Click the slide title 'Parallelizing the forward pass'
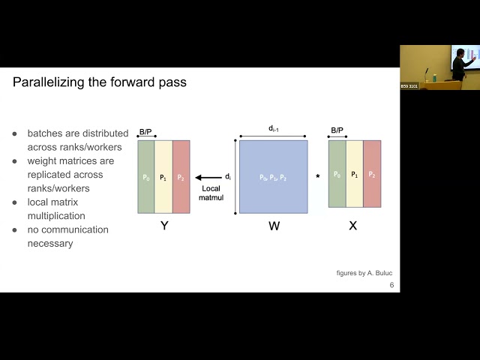(x=100, y=82)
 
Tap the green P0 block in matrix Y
(x=146, y=177)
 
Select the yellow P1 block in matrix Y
(x=163, y=177)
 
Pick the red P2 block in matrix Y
(x=181, y=177)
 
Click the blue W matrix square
(x=273, y=177)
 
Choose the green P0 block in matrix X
(x=337, y=174)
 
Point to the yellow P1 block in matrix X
(x=354, y=174)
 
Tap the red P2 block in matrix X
(x=372, y=174)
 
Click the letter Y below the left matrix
(x=164, y=225)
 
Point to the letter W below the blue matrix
(x=274, y=225)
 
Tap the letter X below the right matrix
(x=353, y=225)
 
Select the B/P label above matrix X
(x=337, y=130)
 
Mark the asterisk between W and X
(x=317, y=177)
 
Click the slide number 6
(x=391, y=286)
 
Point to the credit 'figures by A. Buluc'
(x=364, y=273)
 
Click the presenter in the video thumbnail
(x=458, y=66)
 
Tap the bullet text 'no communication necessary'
(x=67, y=236)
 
